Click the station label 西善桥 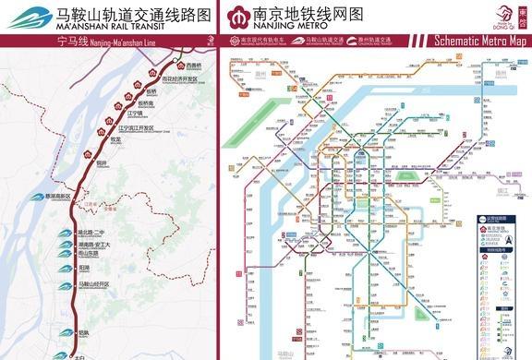click(193, 66)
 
